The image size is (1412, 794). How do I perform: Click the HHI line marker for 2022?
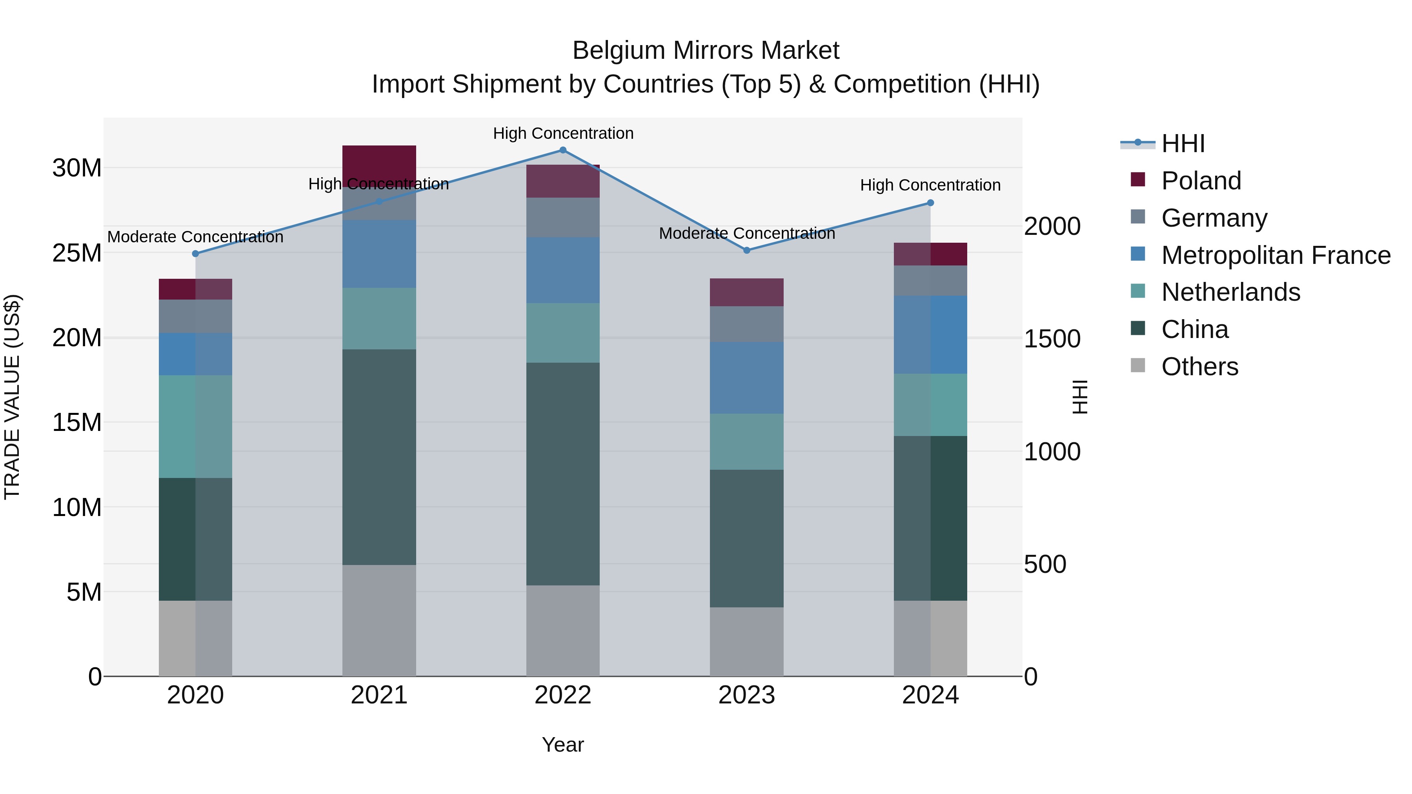coord(562,150)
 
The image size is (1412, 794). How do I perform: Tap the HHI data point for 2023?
coord(746,251)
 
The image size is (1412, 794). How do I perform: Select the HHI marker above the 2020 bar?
coord(196,254)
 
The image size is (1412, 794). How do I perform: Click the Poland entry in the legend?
coord(1201,181)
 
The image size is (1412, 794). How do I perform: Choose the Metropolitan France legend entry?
coord(1275,255)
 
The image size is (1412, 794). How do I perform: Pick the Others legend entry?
coord(1199,367)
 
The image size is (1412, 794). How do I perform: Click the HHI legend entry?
coord(1183,144)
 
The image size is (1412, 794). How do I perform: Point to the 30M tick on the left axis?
coord(77,168)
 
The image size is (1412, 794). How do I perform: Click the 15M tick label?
coord(77,422)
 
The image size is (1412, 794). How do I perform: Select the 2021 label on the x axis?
coord(379,695)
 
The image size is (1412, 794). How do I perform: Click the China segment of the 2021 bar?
coord(379,457)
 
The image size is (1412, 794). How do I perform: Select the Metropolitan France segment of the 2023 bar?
coord(746,378)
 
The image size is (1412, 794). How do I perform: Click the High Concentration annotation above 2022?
coord(563,133)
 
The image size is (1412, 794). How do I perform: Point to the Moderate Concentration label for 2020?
coord(195,237)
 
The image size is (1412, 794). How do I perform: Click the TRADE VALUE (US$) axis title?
coord(12,397)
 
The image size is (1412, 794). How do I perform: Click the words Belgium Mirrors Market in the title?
coord(706,51)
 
